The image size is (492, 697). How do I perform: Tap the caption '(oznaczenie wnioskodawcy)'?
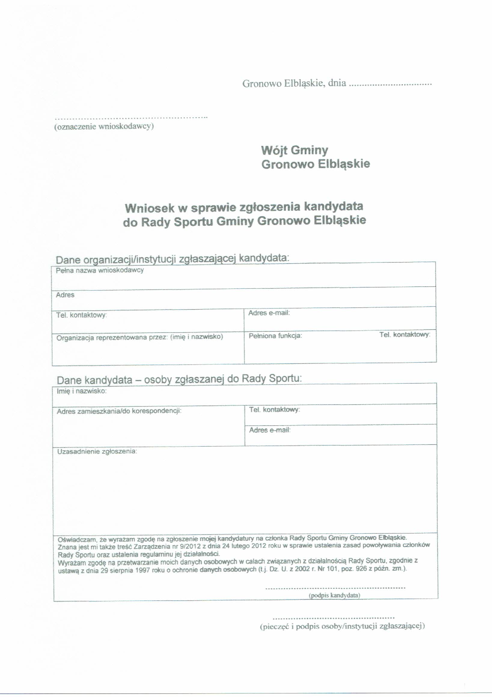[104, 127]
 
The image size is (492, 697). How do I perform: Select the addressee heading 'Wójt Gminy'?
[295, 150]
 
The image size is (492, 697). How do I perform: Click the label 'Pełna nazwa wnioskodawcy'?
[100, 270]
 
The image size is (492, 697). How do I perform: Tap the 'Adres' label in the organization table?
[65, 295]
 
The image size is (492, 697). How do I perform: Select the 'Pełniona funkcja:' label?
[275, 336]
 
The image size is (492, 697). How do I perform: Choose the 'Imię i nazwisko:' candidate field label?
[81, 391]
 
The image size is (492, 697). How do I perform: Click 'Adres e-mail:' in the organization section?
[269, 313]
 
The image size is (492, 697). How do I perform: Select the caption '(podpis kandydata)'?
[334, 595]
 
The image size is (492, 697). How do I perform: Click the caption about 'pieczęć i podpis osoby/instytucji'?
[342, 626]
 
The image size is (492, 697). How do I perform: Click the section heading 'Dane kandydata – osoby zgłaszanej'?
[179, 380]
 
